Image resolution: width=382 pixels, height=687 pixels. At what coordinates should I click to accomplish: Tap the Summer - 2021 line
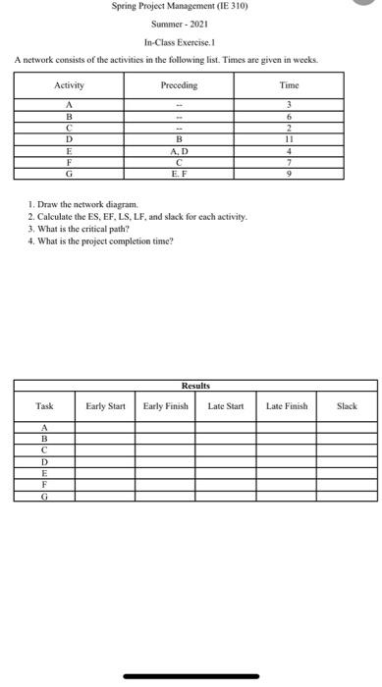point(178,25)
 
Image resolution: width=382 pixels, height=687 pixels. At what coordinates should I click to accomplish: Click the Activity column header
point(69,85)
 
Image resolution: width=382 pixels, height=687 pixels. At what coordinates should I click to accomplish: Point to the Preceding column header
point(179,85)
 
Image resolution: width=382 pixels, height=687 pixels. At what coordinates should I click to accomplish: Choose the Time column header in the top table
point(290,85)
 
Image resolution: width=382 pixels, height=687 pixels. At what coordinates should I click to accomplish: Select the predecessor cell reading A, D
point(179,151)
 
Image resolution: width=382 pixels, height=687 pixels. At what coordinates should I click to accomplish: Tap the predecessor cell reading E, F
point(179,173)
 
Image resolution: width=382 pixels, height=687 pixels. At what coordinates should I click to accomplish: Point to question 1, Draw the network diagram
point(88,205)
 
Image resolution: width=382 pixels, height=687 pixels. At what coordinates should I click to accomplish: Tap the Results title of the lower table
point(195,388)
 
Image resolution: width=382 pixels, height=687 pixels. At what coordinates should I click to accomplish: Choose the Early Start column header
point(109,405)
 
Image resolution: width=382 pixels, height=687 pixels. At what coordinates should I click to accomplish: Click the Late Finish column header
point(287,405)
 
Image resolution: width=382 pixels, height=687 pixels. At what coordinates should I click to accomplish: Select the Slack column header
point(347,405)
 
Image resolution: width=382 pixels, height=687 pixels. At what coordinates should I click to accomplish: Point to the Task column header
point(44,405)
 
